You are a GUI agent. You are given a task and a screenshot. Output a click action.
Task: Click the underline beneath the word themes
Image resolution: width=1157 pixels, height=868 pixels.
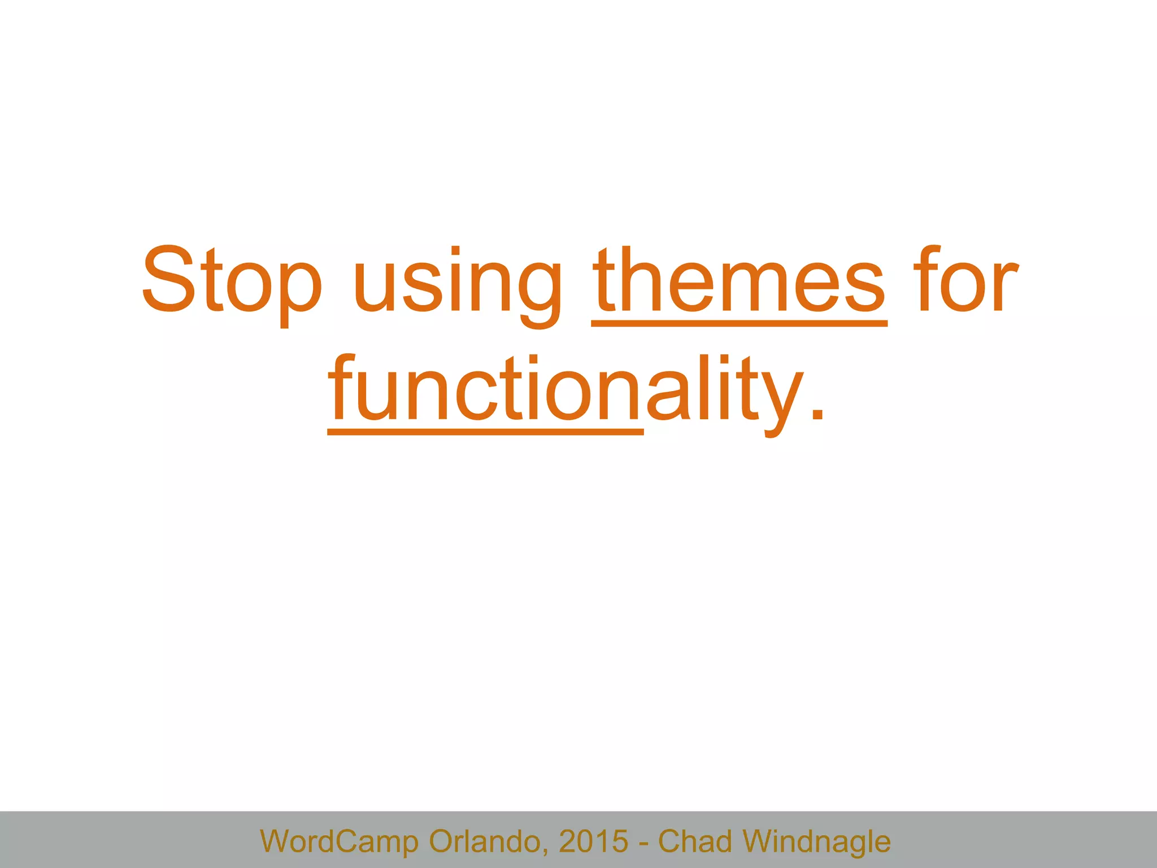click(x=739, y=323)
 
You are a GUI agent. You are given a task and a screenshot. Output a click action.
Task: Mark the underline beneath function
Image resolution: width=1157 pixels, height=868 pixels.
click(x=485, y=432)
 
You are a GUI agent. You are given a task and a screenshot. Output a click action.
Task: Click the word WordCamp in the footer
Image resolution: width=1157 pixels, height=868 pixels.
click(x=339, y=841)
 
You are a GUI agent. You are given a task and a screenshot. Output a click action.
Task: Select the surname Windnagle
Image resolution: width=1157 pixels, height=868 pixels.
click(x=816, y=841)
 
